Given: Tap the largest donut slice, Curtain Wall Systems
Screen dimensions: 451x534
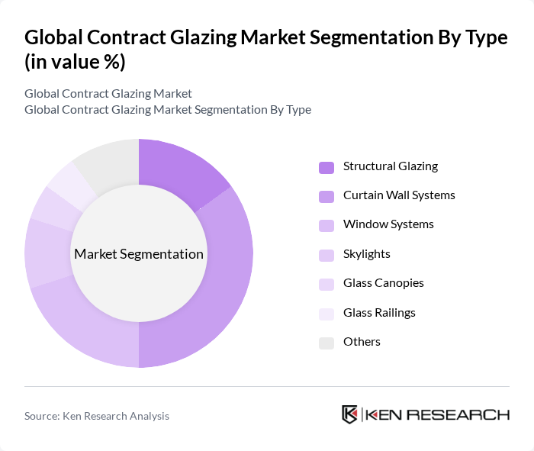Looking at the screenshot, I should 221,290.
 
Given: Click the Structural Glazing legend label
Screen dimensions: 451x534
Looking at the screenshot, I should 390,166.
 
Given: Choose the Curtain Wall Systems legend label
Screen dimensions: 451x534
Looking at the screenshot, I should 399,195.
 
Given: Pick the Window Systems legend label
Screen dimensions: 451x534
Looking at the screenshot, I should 388,224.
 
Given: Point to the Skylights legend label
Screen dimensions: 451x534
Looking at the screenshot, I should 366,254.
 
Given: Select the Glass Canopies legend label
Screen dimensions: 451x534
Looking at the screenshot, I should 383,283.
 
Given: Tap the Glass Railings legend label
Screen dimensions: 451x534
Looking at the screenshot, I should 379,313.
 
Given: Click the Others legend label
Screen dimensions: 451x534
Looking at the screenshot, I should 362,342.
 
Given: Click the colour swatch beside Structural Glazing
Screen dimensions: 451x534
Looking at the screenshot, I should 326,167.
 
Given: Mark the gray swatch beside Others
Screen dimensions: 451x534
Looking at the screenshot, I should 326,343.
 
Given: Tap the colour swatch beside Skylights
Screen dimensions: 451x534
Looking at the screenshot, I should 326,255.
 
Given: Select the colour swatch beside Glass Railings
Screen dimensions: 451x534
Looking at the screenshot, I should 326,314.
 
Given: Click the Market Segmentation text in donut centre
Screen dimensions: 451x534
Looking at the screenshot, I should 139,254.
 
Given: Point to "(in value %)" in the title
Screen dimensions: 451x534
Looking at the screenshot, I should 76,62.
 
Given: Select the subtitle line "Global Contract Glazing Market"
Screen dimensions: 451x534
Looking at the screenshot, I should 108,94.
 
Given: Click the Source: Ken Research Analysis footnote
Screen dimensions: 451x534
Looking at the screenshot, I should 97,416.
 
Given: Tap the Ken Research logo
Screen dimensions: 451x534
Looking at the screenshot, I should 425,414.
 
